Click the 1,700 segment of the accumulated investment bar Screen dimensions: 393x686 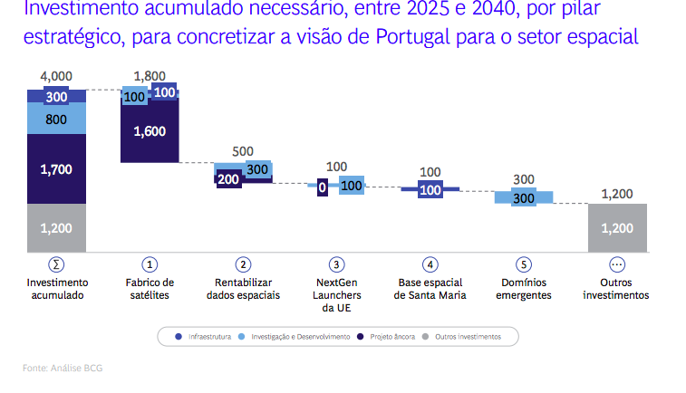click(x=56, y=168)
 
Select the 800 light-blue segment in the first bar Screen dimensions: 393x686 click(x=56, y=119)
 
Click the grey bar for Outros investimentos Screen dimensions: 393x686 click(x=617, y=228)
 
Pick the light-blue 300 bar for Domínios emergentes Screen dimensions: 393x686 click(x=523, y=198)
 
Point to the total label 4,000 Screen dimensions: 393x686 click(x=56, y=77)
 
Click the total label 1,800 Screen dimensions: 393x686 click(x=150, y=76)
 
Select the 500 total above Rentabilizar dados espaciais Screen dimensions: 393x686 click(x=243, y=151)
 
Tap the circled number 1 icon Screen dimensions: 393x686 click(x=150, y=264)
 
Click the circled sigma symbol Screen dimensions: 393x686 click(x=56, y=264)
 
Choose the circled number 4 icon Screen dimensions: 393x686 click(x=430, y=264)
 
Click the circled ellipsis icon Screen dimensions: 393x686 click(x=617, y=264)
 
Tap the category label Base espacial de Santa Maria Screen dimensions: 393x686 click(x=430, y=289)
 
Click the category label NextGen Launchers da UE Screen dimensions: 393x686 click(x=337, y=295)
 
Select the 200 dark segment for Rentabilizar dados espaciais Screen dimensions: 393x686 click(x=228, y=179)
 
